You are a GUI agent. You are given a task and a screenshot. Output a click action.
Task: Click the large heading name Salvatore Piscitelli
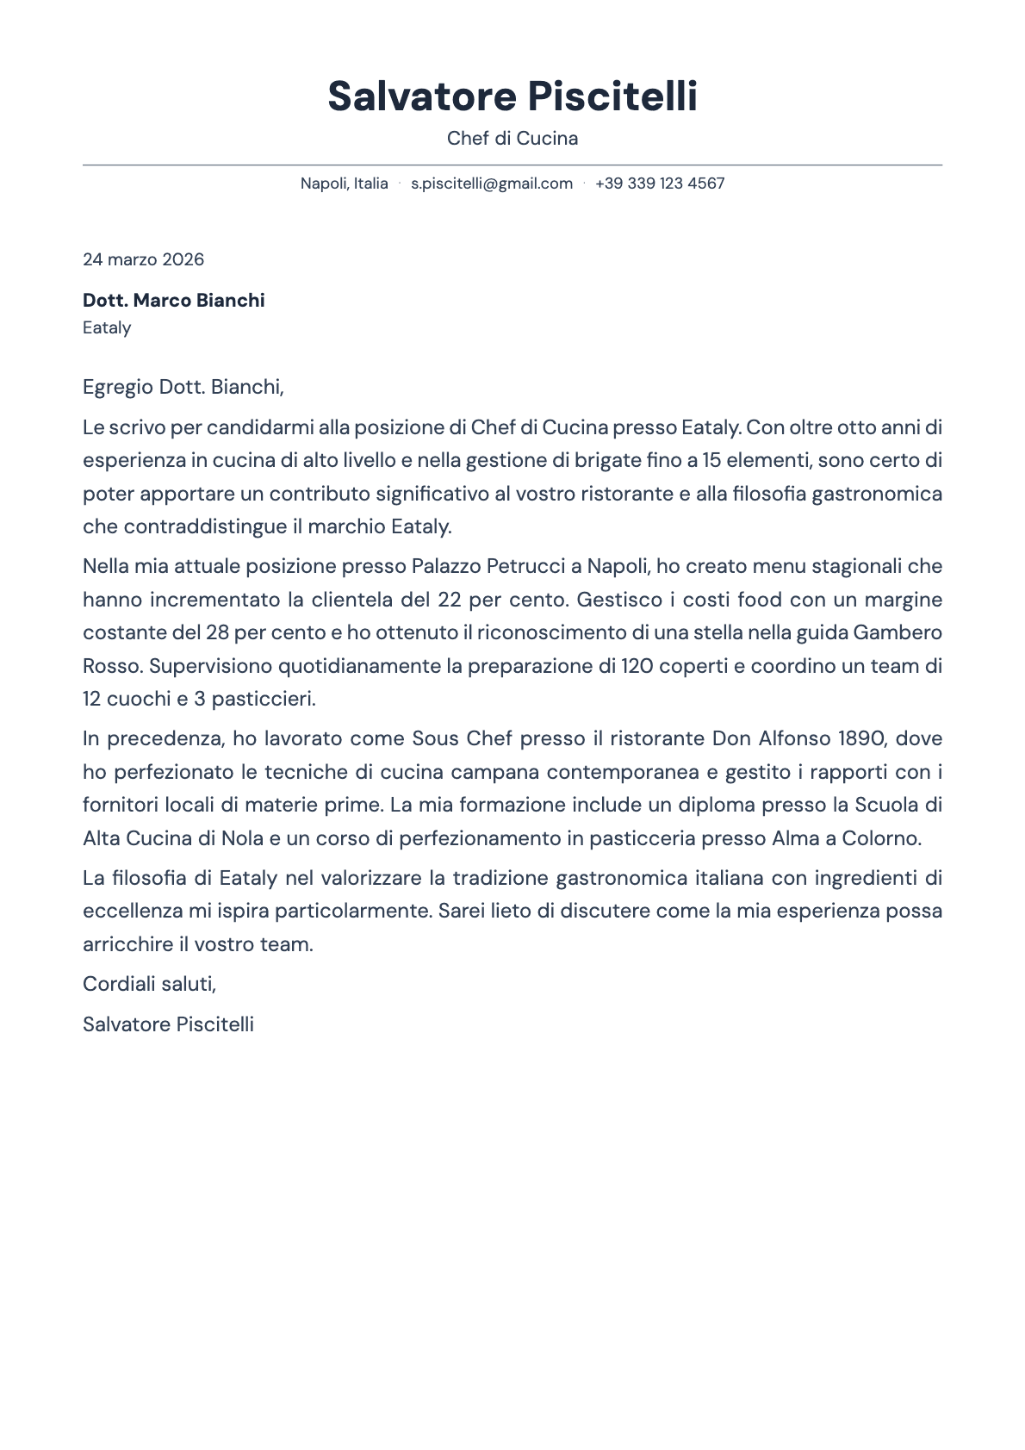tap(512, 96)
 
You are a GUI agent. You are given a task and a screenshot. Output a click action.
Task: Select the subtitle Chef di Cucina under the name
tap(512, 138)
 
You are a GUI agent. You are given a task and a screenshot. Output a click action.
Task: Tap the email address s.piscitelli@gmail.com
tap(492, 184)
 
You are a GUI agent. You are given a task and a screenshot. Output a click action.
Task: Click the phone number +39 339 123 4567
tap(660, 184)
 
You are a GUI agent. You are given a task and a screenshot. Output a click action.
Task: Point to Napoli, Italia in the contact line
tap(344, 184)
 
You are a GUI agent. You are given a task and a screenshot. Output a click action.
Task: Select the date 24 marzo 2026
tap(143, 259)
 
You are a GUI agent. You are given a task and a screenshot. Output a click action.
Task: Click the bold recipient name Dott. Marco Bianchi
tap(174, 301)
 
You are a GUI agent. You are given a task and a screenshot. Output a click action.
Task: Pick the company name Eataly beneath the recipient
tap(107, 327)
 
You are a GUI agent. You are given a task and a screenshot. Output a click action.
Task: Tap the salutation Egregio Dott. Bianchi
tap(183, 387)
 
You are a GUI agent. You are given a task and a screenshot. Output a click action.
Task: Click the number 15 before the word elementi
tap(711, 460)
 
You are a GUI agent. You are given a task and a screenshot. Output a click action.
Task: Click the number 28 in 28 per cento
tap(217, 632)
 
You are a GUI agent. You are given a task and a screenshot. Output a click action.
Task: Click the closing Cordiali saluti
tap(149, 984)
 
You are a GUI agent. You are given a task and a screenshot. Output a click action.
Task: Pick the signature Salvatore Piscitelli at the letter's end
tap(168, 1024)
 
